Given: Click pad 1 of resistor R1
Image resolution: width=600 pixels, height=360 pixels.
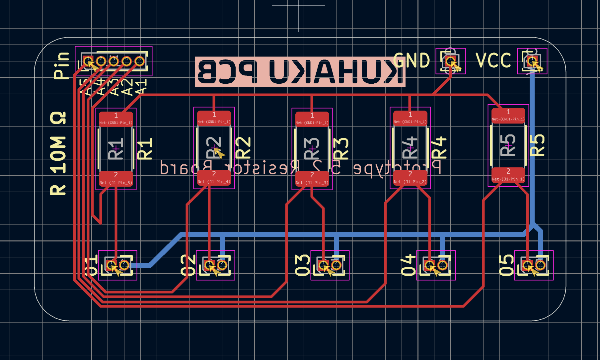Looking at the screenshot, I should point(116,119).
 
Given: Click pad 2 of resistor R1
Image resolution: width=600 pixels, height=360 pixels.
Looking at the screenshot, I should point(116,178).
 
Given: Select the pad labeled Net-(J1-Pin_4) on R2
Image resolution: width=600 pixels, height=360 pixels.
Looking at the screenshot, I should point(214,178).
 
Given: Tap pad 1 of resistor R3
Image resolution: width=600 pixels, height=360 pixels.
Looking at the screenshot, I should point(312,119).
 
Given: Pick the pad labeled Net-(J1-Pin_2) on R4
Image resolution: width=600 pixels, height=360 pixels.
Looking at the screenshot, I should point(410,178).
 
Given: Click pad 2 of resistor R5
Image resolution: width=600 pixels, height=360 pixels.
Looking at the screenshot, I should point(508,175).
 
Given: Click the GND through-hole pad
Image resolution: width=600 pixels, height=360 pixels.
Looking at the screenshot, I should point(450,61).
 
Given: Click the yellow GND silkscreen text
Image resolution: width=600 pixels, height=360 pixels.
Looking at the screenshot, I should point(412,61).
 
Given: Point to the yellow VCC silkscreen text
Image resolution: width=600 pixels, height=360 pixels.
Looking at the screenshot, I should point(493,61).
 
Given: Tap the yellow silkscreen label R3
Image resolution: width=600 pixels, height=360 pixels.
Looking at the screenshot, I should point(341,148).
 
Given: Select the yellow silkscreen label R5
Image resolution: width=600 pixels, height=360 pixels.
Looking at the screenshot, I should point(537,145).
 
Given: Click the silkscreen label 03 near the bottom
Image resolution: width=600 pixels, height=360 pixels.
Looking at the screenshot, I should point(302,265).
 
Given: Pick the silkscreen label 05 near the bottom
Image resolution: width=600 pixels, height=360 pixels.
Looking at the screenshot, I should point(506,265).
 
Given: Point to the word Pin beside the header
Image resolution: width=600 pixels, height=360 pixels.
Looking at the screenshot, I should point(62,65).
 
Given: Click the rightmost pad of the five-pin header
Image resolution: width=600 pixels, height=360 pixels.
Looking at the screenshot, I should point(139,61).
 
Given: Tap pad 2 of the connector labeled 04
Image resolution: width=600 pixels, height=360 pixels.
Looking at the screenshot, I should point(442,265).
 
